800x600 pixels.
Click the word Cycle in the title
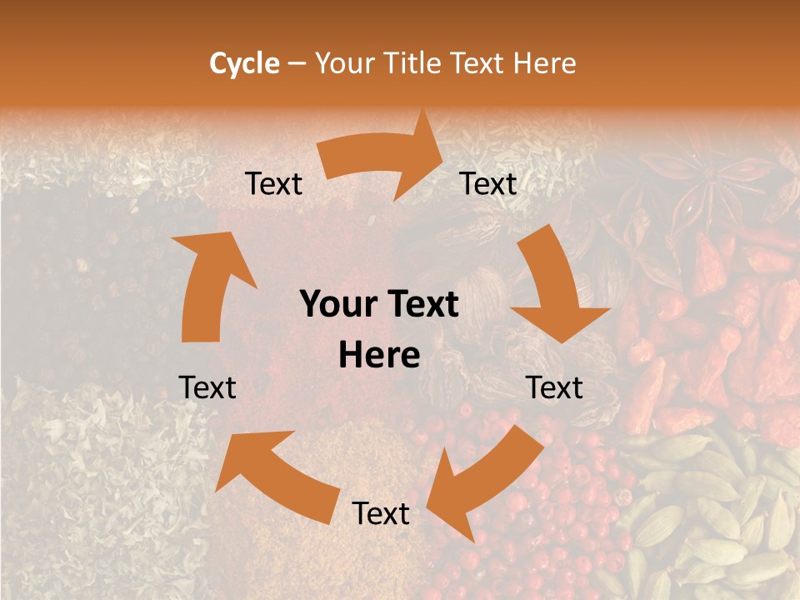pos(244,63)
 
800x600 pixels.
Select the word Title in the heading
pos(414,63)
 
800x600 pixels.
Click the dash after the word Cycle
pos(296,64)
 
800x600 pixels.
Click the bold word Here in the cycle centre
pos(379,355)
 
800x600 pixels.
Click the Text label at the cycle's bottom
pos(381,514)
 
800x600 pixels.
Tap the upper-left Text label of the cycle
pos(273,184)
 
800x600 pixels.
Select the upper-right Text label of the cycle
pos(488,184)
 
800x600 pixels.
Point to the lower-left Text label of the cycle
pos(207,387)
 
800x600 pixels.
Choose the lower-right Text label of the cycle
pos(554,387)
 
